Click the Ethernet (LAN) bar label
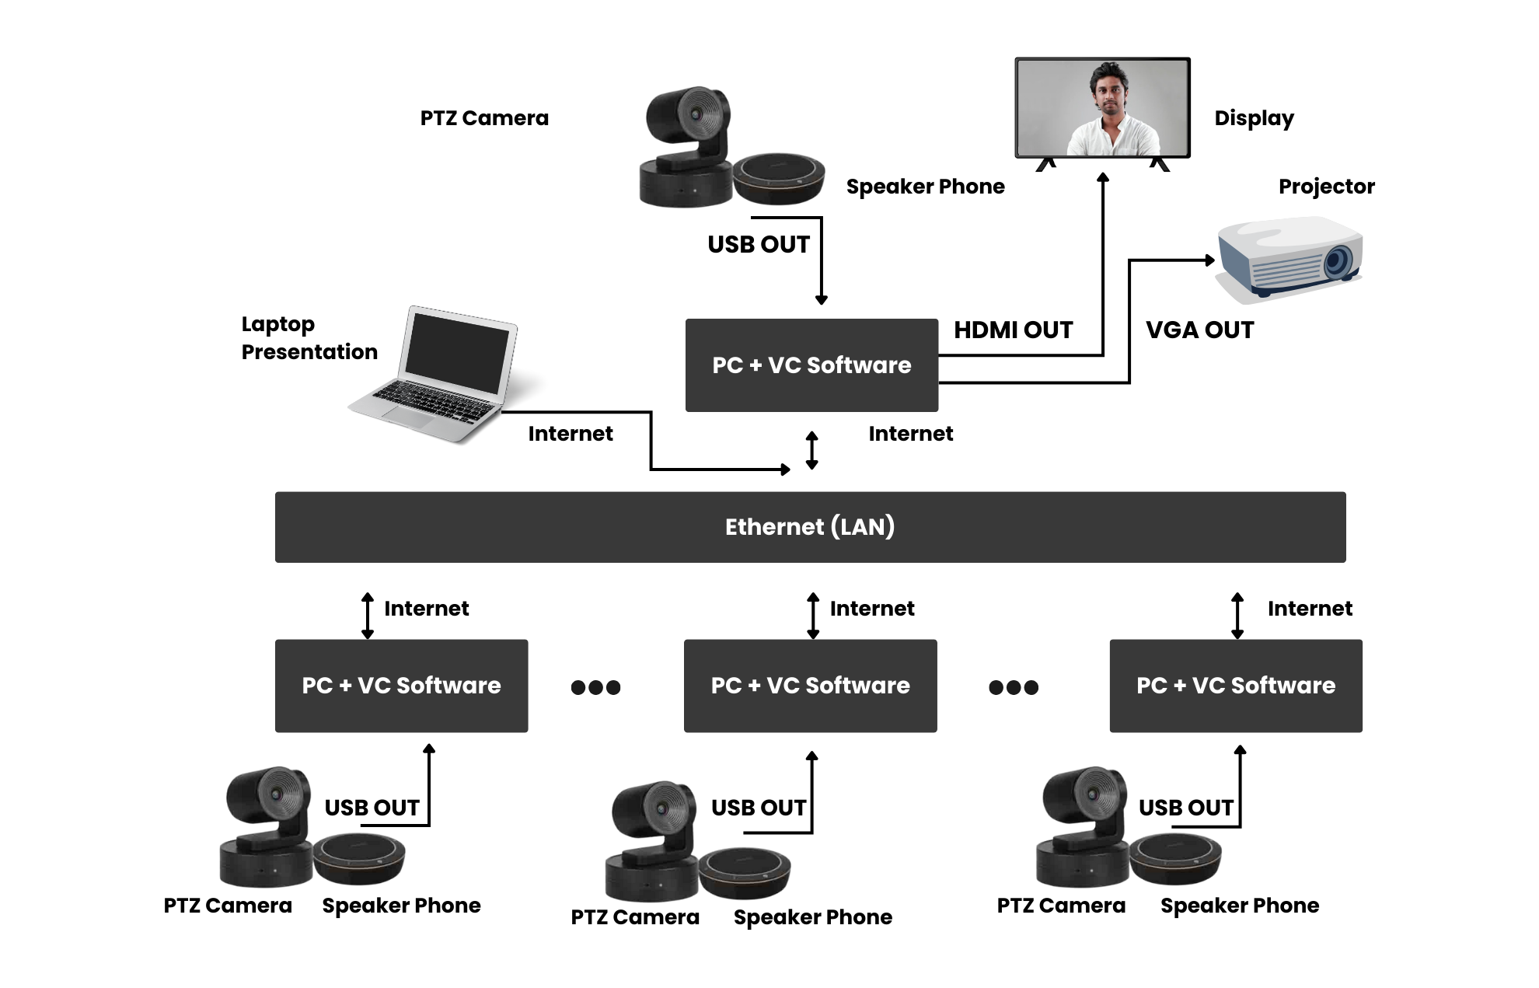click(x=810, y=527)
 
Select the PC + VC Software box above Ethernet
click(x=811, y=365)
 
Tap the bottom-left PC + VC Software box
click(x=401, y=686)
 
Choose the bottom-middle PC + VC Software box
click(x=810, y=686)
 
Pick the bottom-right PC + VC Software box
click(x=1235, y=686)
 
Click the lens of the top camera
click(x=696, y=114)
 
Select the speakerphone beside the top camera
click(x=780, y=178)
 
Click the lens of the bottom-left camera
click(x=276, y=794)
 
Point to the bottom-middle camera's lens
click(x=661, y=808)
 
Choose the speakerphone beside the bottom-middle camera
click(x=745, y=871)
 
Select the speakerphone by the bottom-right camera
click(x=1175, y=857)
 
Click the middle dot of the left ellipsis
click(x=595, y=687)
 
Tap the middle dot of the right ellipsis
click(x=1014, y=687)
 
